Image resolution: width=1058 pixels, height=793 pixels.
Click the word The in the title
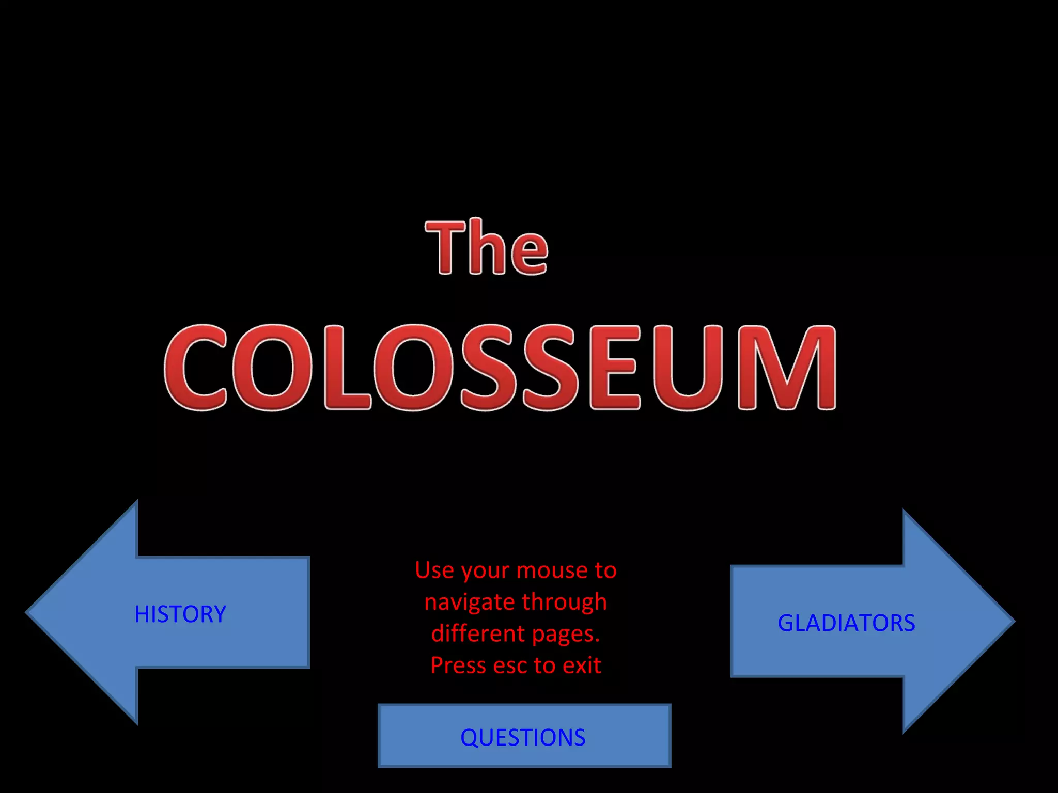pos(486,247)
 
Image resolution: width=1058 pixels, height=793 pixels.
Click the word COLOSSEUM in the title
pos(500,368)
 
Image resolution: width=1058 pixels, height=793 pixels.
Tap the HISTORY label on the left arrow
pos(180,614)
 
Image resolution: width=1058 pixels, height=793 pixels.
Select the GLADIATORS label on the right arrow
pos(846,623)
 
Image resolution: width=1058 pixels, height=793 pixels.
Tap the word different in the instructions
pos(477,634)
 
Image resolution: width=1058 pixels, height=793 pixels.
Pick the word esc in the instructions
pos(510,666)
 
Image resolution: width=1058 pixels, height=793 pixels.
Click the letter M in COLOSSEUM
pos(786,368)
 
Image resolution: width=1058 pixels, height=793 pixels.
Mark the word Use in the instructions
pos(435,570)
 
